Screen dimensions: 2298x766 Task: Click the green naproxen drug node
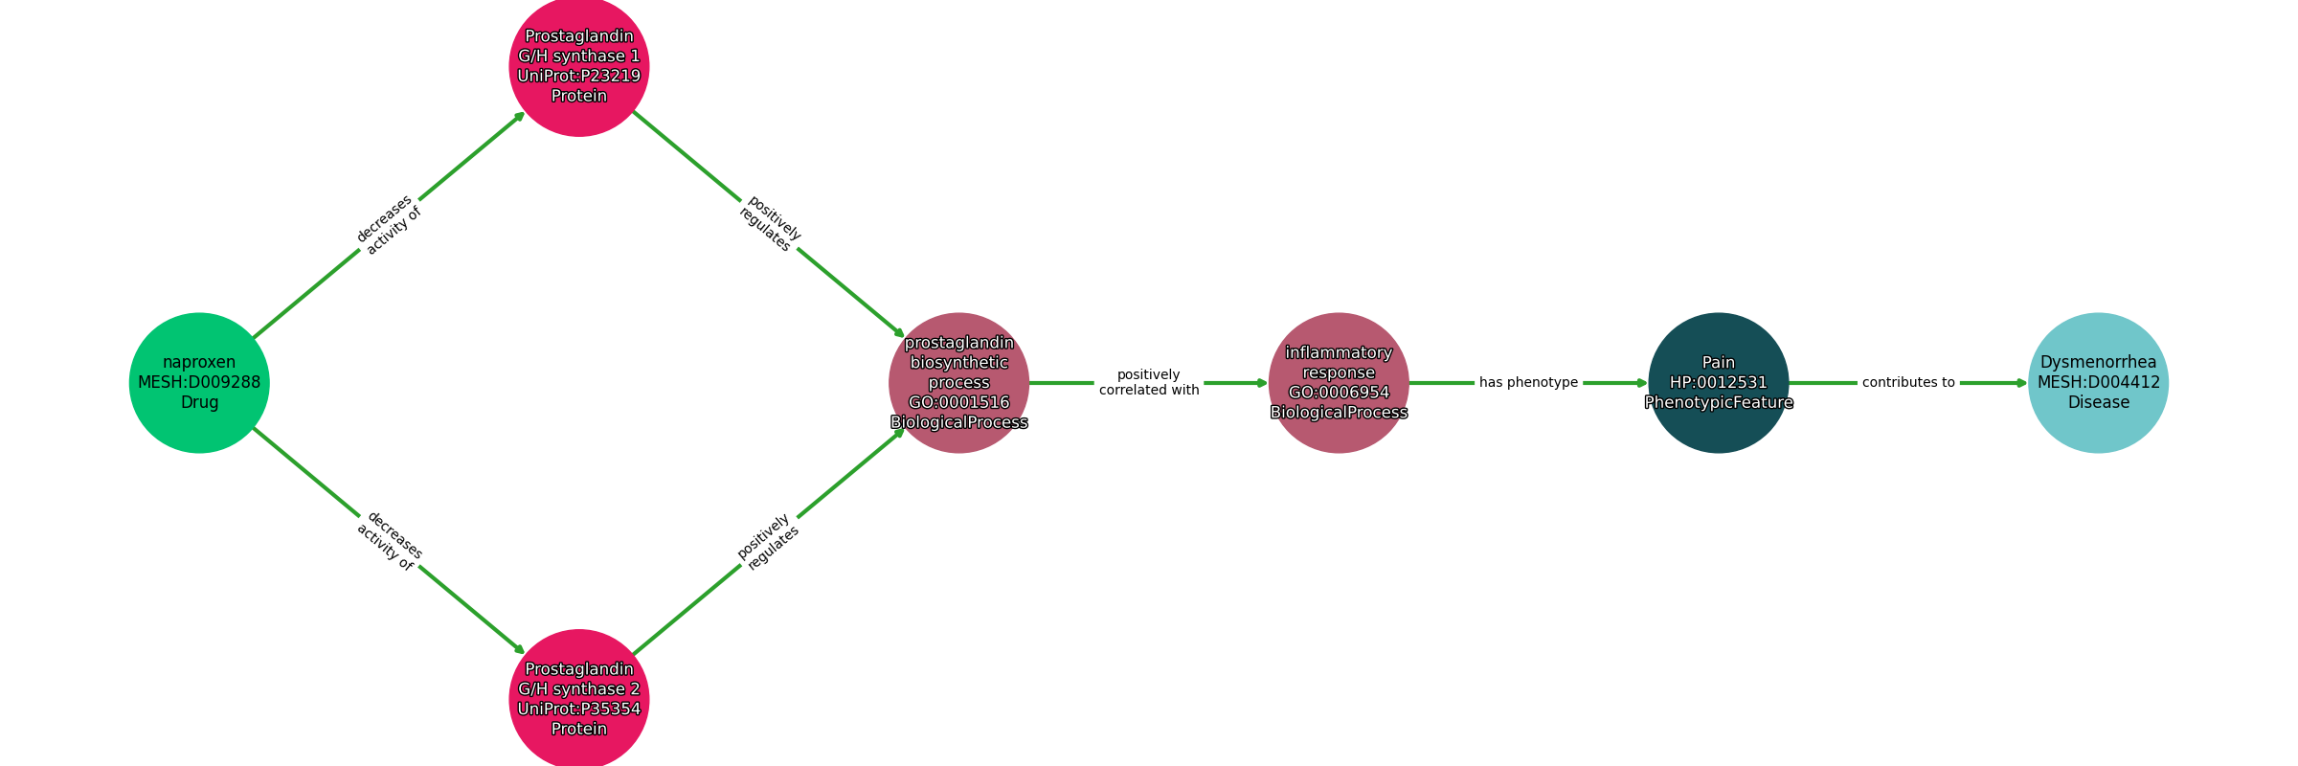(199, 383)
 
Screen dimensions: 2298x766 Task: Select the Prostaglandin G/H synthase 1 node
(579, 66)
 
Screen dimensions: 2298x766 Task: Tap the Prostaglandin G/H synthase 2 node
(579, 699)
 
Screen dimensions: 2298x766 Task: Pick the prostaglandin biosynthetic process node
(959, 383)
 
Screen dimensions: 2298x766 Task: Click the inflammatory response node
(1339, 383)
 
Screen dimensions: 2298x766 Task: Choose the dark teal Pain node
(1719, 383)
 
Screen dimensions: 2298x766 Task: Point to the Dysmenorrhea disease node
(2099, 383)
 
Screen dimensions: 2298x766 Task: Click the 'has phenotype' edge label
(1528, 383)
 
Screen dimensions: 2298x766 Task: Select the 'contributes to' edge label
(1908, 383)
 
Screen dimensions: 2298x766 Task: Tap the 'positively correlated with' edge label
(1149, 382)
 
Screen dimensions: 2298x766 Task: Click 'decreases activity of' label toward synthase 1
(389, 225)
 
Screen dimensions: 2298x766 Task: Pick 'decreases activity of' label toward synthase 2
(390, 541)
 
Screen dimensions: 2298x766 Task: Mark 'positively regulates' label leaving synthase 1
(769, 224)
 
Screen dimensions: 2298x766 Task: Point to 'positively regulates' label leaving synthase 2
(768, 542)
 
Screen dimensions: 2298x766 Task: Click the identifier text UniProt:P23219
(579, 77)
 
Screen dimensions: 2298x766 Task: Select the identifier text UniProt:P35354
(579, 710)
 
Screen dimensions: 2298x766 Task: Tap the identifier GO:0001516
(959, 403)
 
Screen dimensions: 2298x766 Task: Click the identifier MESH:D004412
(2099, 383)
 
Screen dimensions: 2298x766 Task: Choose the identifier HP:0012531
(1719, 383)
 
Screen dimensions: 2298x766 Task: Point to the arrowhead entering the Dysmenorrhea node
(2022, 383)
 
